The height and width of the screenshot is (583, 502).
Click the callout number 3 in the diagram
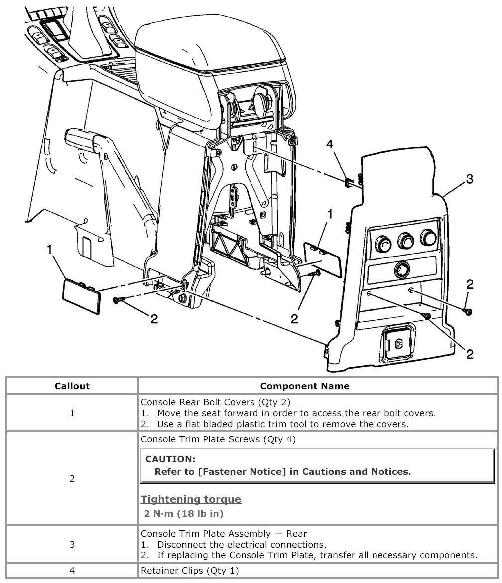(469, 179)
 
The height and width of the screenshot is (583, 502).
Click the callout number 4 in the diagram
(329, 145)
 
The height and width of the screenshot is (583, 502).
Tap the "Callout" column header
(72, 386)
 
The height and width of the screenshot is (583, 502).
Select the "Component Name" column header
(305, 386)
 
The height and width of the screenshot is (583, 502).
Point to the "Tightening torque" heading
(191, 499)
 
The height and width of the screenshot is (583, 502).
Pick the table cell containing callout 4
(72, 571)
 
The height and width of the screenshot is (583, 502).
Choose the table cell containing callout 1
(72, 413)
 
